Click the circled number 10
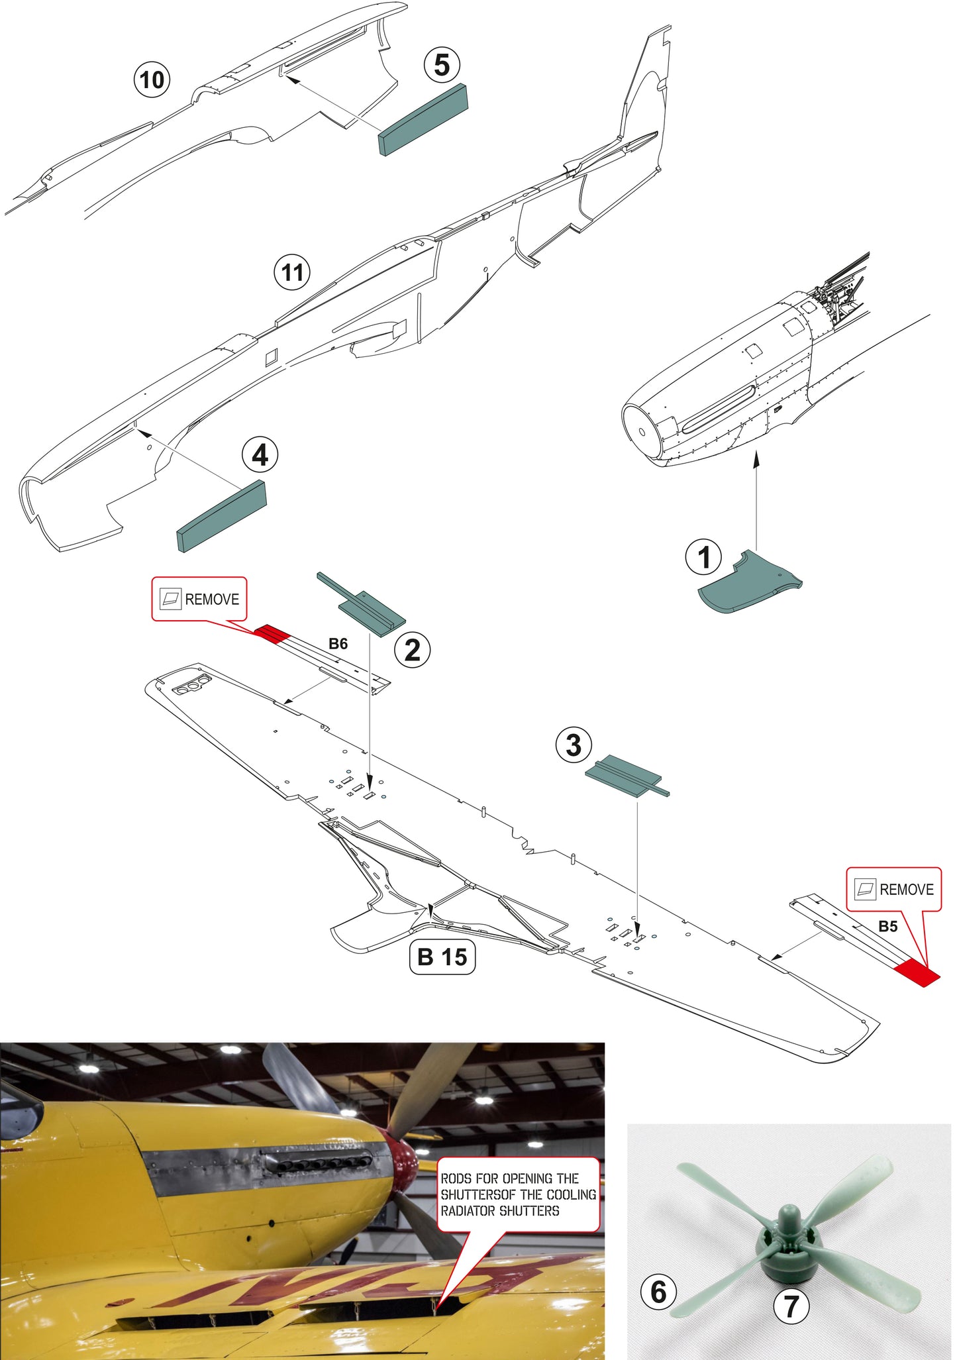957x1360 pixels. [152, 79]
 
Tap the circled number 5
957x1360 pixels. [442, 65]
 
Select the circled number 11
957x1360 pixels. [293, 272]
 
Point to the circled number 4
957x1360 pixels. [260, 455]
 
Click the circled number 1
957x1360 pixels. [704, 557]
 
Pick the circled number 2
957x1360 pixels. [413, 650]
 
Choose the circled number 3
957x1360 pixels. [574, 745]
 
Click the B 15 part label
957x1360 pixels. [442, 957]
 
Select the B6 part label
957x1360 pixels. [338, 644]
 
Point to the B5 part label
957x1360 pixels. [887, 926]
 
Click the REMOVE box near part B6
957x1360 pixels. [199, 599]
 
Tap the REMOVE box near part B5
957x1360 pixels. [894, 889]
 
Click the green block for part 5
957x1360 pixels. [423, 121]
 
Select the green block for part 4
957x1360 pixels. [222, 516]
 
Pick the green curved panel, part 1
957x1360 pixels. [750, 582]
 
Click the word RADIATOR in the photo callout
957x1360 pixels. [469, 1211]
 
